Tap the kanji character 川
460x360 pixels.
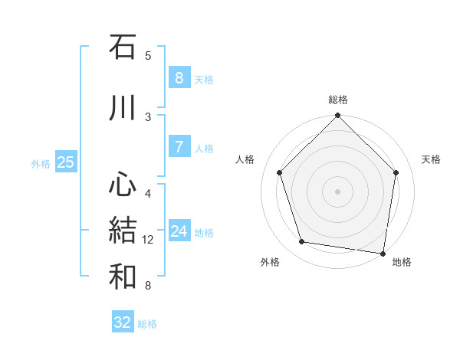(x=123, y=108)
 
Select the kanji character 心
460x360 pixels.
(x=123, y=184)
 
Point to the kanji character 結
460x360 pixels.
(x=123, y=231)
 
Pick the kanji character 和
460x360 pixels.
(x=123, y=277)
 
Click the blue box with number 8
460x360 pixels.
(x=179, y=77)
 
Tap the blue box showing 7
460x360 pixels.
(x=179, y=147)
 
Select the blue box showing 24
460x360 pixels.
(x=179, y=231)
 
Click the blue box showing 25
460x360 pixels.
(x=65, y=162)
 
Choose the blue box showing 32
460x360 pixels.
(x=123, y=322)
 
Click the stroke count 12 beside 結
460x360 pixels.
(x=148, y=240)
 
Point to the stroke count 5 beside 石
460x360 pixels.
(x=148, y=55)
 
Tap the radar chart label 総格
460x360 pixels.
(x=338, y=100)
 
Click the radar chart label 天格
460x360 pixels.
(x=431, y=159)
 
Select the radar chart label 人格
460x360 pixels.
(x=245, y=159)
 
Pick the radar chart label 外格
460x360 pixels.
(x=270, y=262)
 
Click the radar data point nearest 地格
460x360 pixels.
(x=383, y=253)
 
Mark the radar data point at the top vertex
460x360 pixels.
(x=338, y=116)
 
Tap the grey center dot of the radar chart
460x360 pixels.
(x=338, y=191)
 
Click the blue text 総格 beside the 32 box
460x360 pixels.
(x=147, y=324)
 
